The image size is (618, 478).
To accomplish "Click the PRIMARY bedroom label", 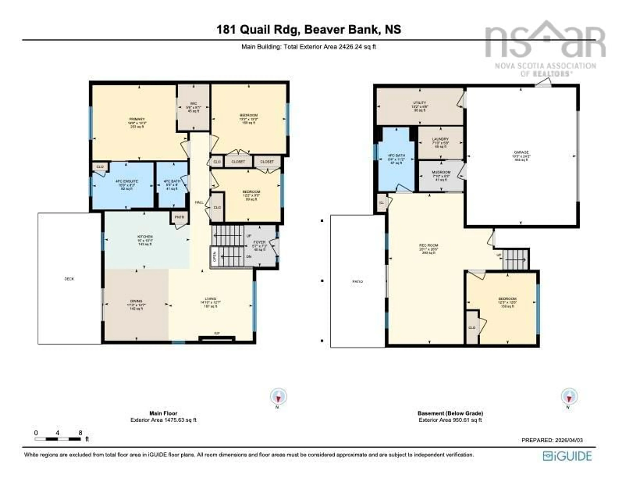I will [x=137, y=119].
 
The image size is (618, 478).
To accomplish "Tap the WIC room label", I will [x=193, y=104].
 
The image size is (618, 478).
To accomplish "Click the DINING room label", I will [x=136, y=301].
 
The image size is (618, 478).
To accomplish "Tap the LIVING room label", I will [x=210, y=299].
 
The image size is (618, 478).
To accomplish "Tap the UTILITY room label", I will [x=419, y=103].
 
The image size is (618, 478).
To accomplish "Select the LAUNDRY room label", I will [x=440, y=139].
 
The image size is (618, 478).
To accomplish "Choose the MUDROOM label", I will [x=441, y=172].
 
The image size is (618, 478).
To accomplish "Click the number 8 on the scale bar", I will [x=80, y=433].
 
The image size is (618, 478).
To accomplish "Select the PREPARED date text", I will [x=552, y=440].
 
